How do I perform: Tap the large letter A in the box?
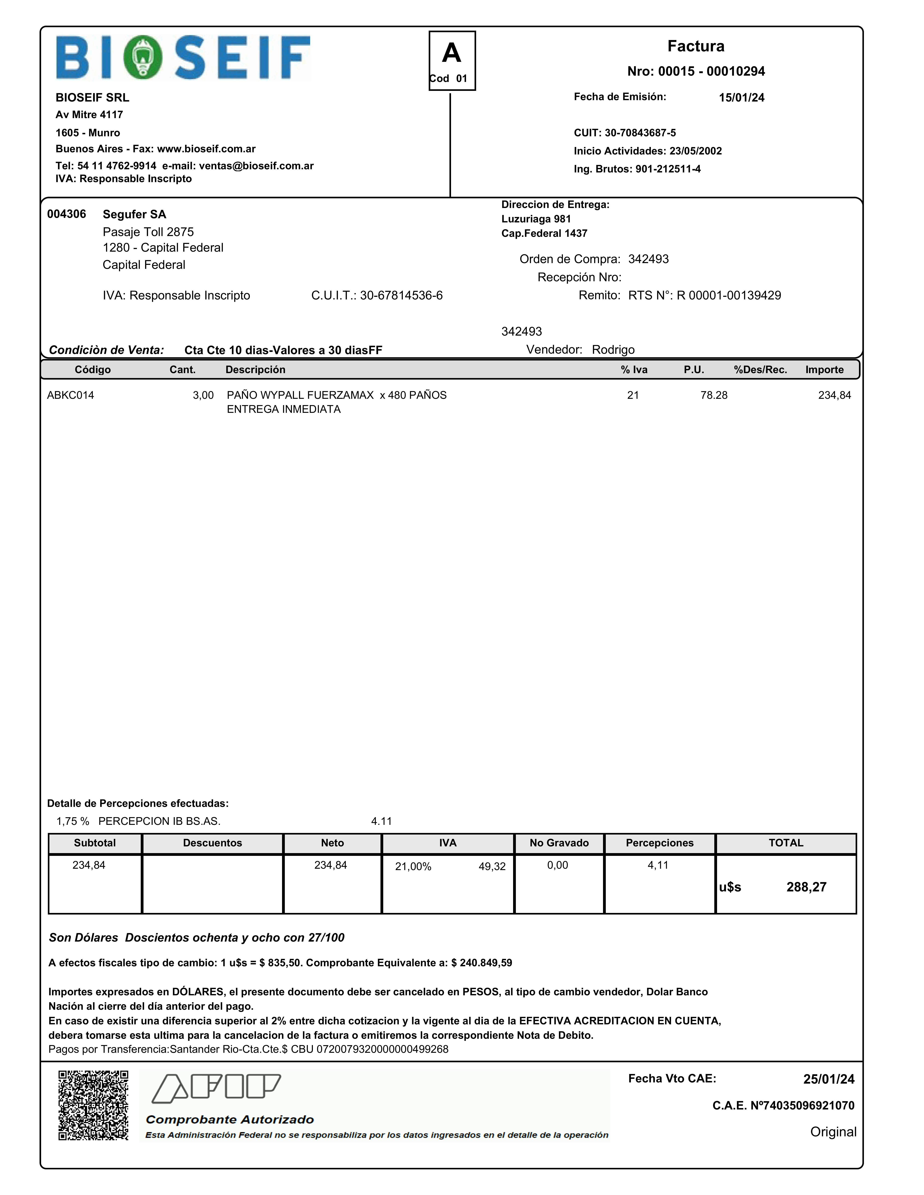coord(452,53)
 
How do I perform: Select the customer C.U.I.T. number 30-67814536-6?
coord(401,295)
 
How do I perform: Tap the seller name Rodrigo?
coord(613,350)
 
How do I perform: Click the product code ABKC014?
coord(71,395)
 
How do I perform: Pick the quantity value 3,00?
coord(203,395)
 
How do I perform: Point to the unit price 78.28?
coord(714,395)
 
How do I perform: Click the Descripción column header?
coord(255,369)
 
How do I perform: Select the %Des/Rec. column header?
coord(760,369)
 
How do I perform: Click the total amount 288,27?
coord(806,887)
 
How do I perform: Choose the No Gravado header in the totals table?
coord(559,843)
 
